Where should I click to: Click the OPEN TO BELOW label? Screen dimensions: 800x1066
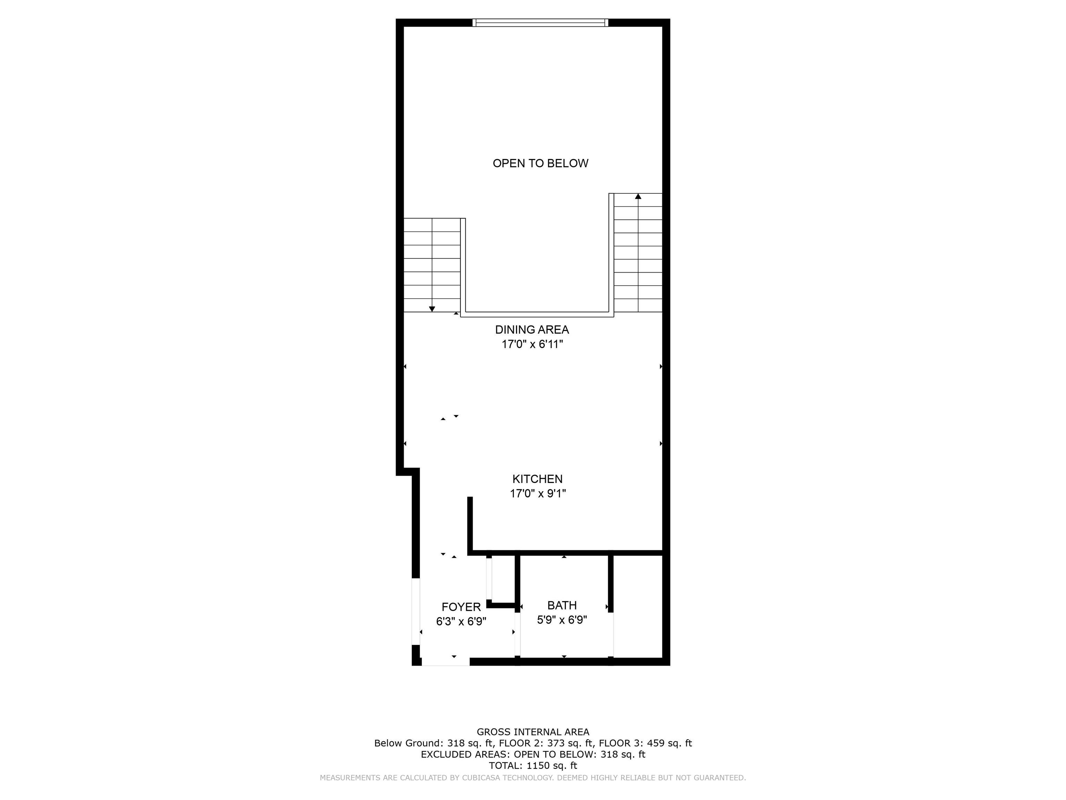pyautogui.click(x=540, y=164)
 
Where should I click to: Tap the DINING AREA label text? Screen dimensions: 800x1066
pyautogui.click(x=532, y=330)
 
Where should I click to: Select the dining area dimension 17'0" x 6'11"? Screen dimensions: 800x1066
pyautogui.click(x=532, y=344)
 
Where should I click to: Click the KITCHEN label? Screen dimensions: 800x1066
pyautogui.click(x=537, y=479)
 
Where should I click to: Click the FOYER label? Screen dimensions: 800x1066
pyautogui.click(x=461, y=607)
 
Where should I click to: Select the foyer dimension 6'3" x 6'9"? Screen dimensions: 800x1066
pyautogui.click(x=461, y=622)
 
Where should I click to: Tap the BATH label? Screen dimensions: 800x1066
pyautogui.click(x=562, y=605)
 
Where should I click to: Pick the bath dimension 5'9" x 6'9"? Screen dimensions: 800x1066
pyautogui.click(x=562, y=620)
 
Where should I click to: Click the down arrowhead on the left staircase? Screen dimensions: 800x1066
pyautogui.click(x=432, y=309)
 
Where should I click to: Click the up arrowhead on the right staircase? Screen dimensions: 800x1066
pyautogui.click(x=638, y=196)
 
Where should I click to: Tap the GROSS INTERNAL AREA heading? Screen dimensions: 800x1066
pyautogui.click(x=533, y=732)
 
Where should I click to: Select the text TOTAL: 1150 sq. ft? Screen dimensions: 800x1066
pyautogui.click(x=533, y=765)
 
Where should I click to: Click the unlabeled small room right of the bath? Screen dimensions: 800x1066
pyautogui.click(x=638, y=607)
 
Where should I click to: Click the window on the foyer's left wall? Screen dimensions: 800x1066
pyautogui.click(x=415, y=611)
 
